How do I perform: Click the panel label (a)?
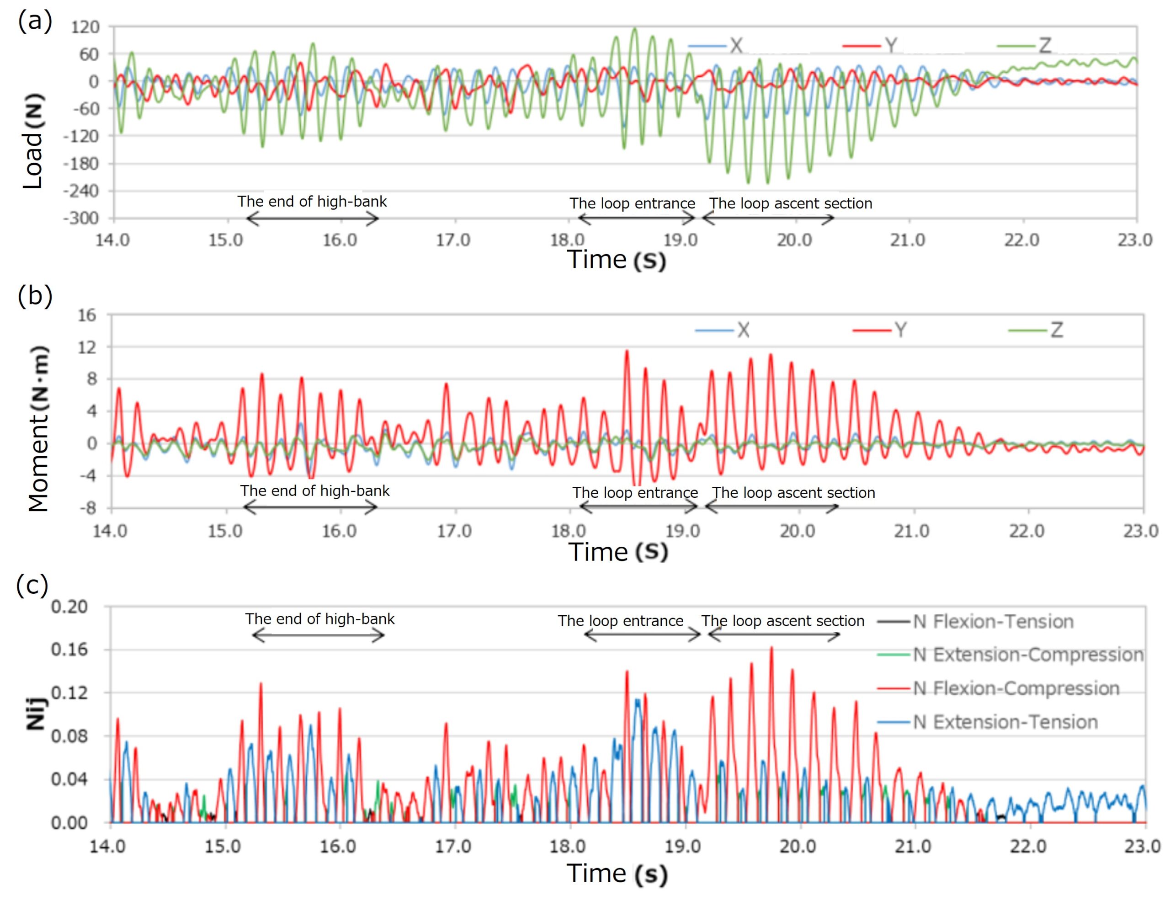click(35, 22)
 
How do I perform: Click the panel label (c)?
click(32, 585)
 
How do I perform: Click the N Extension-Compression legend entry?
click(1010, 655)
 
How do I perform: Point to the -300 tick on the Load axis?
click(81, 219)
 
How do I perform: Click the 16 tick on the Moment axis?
click(87, 315)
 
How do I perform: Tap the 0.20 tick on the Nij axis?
click(69, 607)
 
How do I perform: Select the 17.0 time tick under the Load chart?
click(453, 240)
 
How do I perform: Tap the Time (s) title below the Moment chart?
click(618, 552)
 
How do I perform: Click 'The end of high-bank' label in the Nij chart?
click(320, 619)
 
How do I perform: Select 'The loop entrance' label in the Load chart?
click(632, 203)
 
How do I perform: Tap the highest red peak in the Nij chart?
click(771, 648)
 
